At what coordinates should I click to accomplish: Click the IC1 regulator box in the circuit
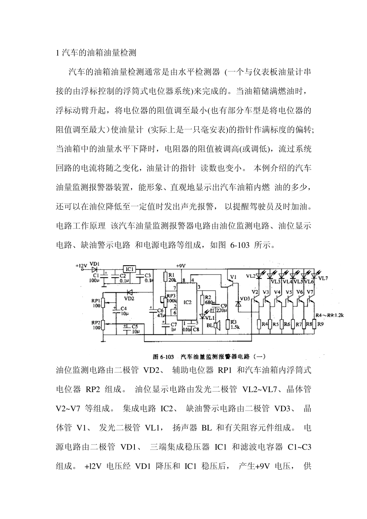tap(129, 269)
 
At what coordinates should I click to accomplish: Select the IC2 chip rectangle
tap(187, 302)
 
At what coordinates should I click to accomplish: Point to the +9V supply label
tap(181, 266)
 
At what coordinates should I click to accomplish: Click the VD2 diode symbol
tap(129, 292)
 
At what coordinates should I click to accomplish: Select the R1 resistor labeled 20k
tap(166, 276)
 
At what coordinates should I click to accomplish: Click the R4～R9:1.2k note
tap(329, 315)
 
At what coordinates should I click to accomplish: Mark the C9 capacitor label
tap(223, 305)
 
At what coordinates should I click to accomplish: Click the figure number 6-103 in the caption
tap(167, 356)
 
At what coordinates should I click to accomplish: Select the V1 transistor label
tap(233, 277)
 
